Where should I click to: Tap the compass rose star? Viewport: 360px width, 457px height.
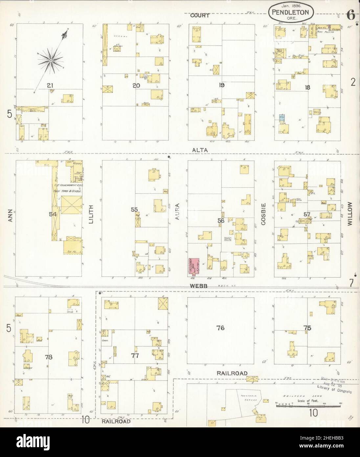click(51, 61)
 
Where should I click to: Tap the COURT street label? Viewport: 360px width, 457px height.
click(201, 15)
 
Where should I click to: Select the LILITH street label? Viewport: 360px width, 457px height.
click(91, 214)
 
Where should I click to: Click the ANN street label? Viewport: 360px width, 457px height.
click(10, 217)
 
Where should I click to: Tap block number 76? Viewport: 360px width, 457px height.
click(220, 327)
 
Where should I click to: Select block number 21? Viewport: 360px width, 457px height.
click(50, 86)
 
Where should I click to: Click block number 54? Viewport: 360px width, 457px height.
click(53, 214)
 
